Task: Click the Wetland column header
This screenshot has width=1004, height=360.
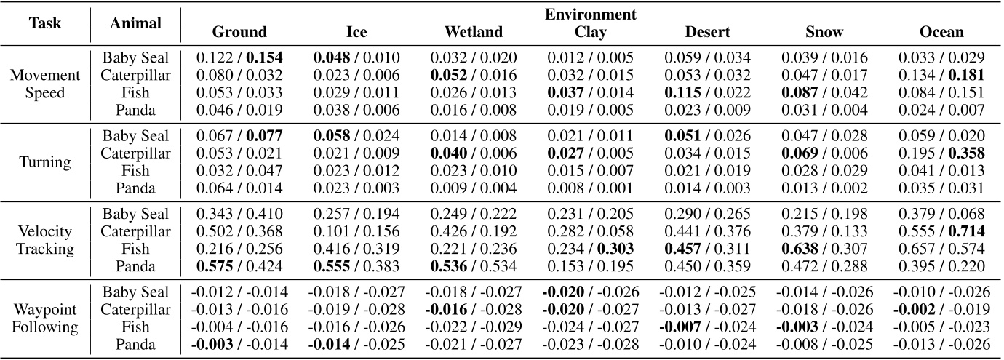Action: pos(473,32)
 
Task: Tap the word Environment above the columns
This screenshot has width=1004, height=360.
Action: pos(591,15)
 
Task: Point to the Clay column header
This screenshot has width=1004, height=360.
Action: pos(591,32)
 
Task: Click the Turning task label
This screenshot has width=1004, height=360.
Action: pos(45,162)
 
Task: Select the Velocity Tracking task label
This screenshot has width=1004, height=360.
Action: pos(45,240)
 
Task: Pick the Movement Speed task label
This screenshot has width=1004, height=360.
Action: pos(45,84)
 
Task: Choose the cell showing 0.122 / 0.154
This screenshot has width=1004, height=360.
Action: pos(239,57)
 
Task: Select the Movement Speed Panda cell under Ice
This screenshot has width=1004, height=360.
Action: pos(356,110)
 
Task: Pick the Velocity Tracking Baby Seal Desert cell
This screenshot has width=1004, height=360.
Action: pos(707,214)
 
